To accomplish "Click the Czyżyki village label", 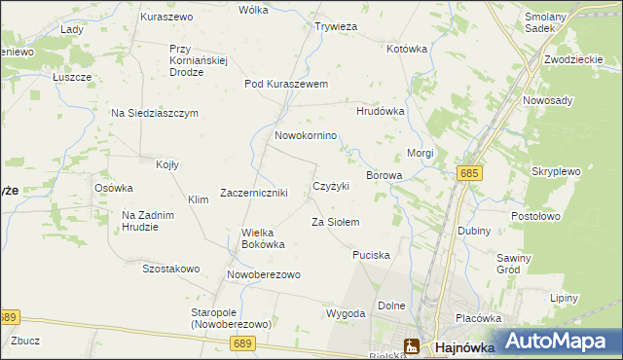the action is coord(331,186).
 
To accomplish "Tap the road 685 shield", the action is coord(469,173).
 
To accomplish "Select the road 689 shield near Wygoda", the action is coord(243,343).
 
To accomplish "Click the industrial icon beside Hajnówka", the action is coord(412,346).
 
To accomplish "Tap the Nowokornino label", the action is coord(306,136).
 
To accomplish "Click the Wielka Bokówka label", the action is coord(263,238).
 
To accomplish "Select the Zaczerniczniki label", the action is coord(253,193).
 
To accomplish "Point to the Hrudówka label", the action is coord(380,112).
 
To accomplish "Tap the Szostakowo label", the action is coord(171,269).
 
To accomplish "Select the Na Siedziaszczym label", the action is coord(154,113).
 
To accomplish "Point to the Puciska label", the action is coord(372,255).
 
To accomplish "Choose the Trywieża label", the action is coord(337,27).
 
